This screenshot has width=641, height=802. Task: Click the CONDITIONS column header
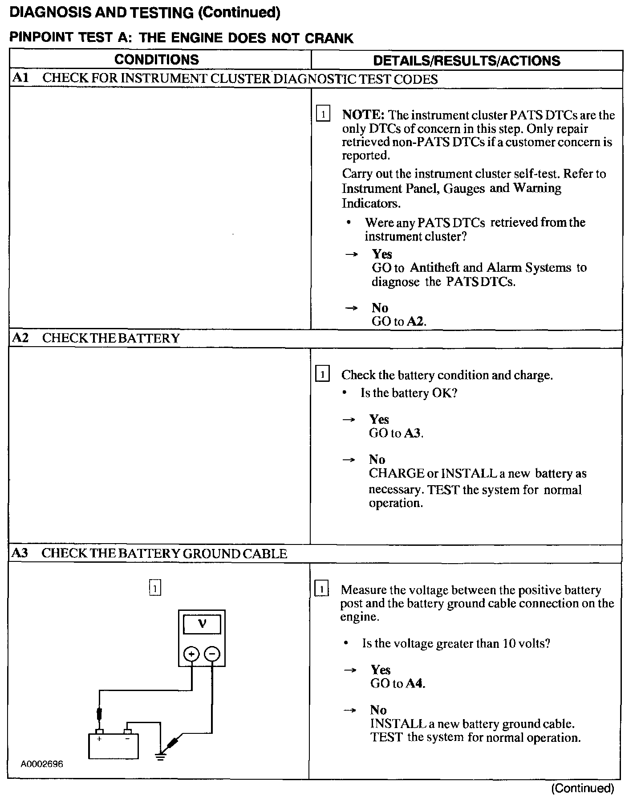click(157, 60)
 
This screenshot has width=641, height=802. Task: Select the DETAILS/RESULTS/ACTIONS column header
click(467, 61)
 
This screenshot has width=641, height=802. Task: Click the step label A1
click(20, 78)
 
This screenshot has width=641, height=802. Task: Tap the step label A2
click(20, 338)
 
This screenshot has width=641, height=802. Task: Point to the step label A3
click(20, 553)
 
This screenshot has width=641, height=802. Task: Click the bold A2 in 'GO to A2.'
click(416, 321)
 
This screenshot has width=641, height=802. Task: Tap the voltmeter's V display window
click(202, 624)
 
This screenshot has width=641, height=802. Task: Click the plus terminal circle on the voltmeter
click(191, 654)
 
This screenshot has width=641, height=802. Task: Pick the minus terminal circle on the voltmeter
click(212, 654)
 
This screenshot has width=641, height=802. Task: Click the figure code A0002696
click(42, 764)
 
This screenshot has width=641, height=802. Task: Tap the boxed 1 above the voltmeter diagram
click(154, 589)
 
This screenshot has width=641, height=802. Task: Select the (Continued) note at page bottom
click(582, 788)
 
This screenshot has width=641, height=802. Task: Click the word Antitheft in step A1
click(434, 268)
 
